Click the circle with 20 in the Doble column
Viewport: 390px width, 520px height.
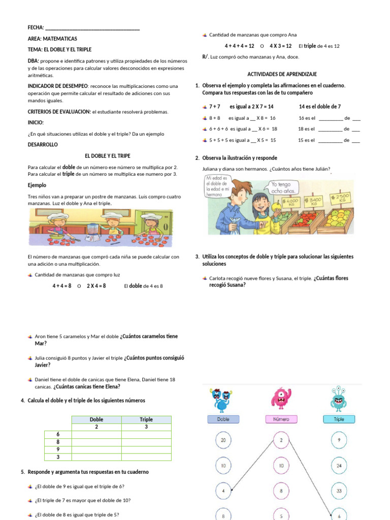tap(223, 441)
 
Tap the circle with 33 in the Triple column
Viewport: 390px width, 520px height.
tap(339, 491)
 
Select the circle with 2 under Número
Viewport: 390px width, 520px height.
tap(281, 441)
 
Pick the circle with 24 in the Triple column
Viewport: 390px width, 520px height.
tap(339, 466)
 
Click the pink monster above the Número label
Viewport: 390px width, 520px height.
tap(281, 399)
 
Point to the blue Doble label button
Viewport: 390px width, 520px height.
tap(223, 419)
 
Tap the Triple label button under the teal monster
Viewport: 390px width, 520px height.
tap(339, 419)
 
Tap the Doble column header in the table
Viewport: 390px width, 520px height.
tap(96, 419)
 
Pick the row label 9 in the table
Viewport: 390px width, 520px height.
tap(57, 449)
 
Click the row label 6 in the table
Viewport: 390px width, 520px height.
tap(57, 434)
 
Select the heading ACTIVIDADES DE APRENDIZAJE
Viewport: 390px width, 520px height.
tap(275, 74)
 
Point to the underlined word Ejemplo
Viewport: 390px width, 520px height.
tap(37, 185)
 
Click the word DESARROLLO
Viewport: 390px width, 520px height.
tap(43, 144)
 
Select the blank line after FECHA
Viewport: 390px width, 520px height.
tap(92, 27)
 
